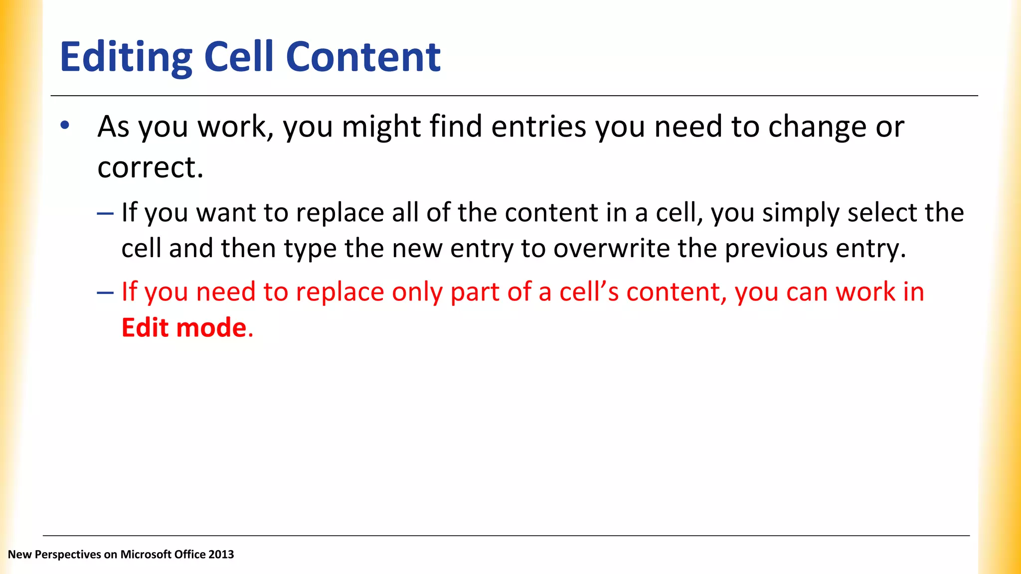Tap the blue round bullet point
tap(65, 126)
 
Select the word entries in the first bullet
tap(538, 127)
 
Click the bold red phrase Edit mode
tap(184, 328)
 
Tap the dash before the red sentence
tap(105, 292)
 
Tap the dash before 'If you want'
tap(105, 213)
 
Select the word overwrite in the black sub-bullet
tap(611, 248)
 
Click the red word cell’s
tap(589, 292)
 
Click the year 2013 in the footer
tap(221, 555)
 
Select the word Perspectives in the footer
tap(68, 555)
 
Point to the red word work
tap(865, 292)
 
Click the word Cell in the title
tap(239, 57)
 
